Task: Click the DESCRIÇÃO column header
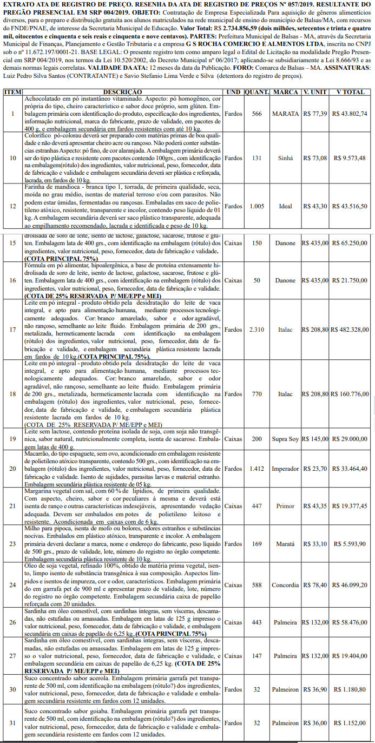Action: (x=123, y=92)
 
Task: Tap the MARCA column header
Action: (x=285, y=92)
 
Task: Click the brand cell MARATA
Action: (x=285, y=114)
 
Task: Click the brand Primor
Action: (x=285, y=505)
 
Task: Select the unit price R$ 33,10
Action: (x=314, y=544)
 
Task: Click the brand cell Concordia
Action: (x=285, y=585)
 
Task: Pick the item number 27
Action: (x=12, y=656)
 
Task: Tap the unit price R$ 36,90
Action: (x=314, y=689)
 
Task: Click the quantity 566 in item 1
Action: (x=257, y=114)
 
